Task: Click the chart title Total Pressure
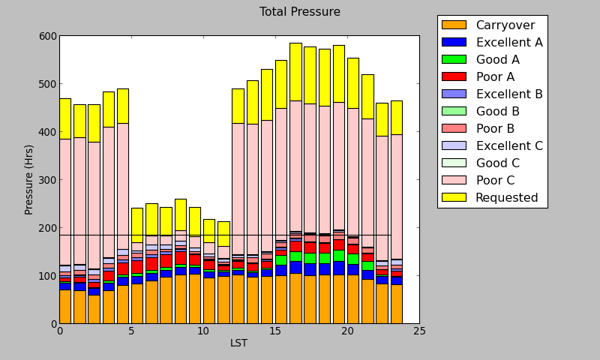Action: coord(299,12)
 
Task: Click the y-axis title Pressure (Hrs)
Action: coord(29,179)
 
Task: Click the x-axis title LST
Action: coord(238,343)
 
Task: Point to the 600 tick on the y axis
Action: coord(46,36)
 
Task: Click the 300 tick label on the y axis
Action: coord(46,180)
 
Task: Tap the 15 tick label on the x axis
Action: coord(275,331)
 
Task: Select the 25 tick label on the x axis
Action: coord(419,331)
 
